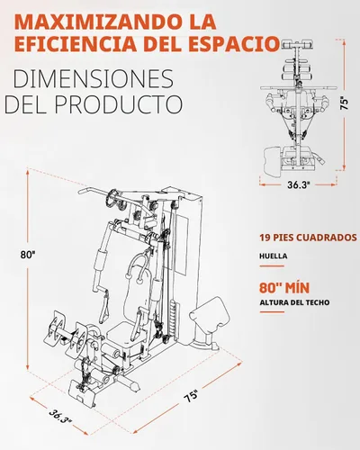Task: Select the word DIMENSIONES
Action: pos(94,79)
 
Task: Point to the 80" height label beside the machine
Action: pos(28,255)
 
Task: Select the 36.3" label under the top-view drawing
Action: pos(299,184)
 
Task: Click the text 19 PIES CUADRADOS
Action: pos(308,238)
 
